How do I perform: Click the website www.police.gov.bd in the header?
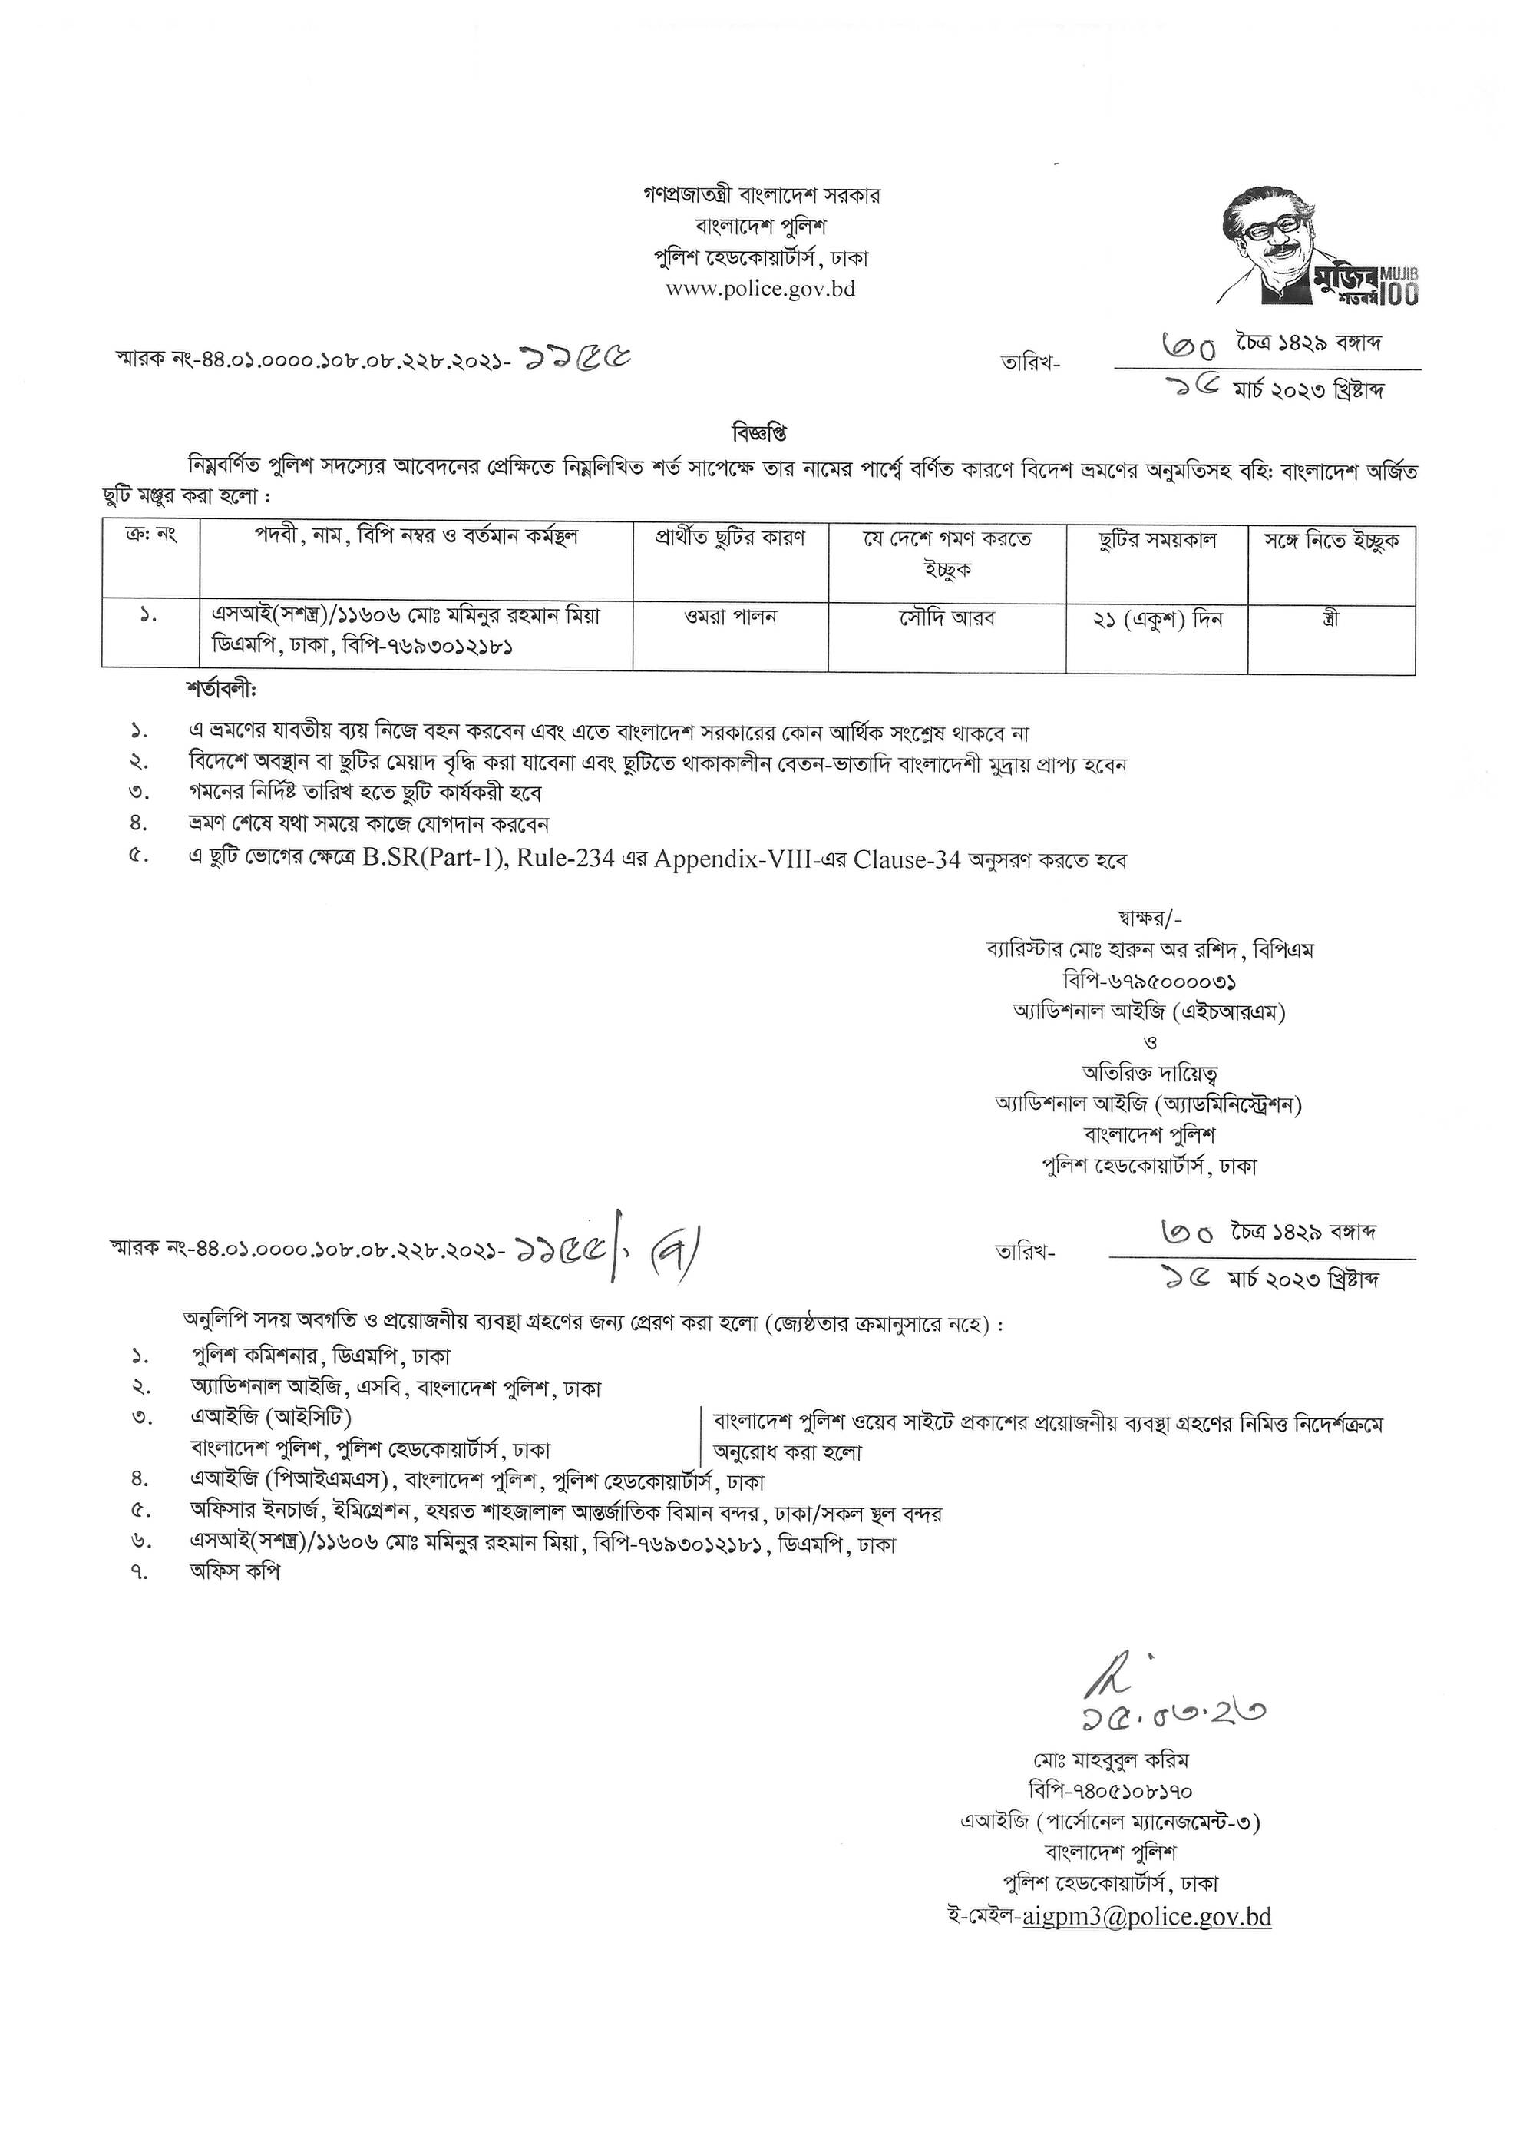click(x=760, y=289)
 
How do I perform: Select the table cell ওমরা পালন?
click(x=730, y=617)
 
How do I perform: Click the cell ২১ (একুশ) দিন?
click(x=1156, y=620)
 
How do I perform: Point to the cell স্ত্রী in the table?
click(x=1329, y=620)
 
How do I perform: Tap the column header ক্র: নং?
click(x=150, y=536)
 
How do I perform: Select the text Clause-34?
click(x=907, y=859)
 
